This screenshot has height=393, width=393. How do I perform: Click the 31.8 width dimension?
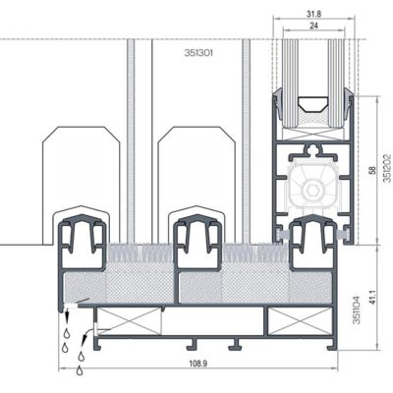point(312,12)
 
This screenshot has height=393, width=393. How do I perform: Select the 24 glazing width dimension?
point(312,27)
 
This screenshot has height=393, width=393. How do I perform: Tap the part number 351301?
point(199,54)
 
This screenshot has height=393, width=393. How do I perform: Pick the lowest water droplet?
point(81,369)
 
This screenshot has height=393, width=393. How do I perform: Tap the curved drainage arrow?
point(87,340)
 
